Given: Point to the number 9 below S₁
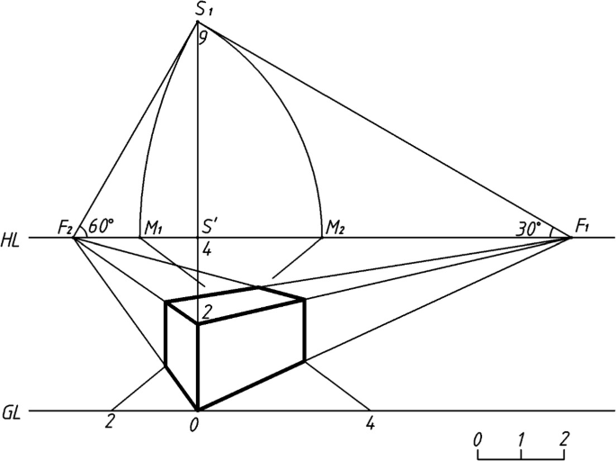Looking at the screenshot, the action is pos(204,39).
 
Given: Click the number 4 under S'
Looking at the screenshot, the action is pos(207,250).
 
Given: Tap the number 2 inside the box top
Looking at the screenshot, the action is pos(206,312).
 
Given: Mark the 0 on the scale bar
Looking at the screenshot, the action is pos(478,438).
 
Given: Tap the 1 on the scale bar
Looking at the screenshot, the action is pos(521,438).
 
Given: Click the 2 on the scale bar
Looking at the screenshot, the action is pos(564,438).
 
